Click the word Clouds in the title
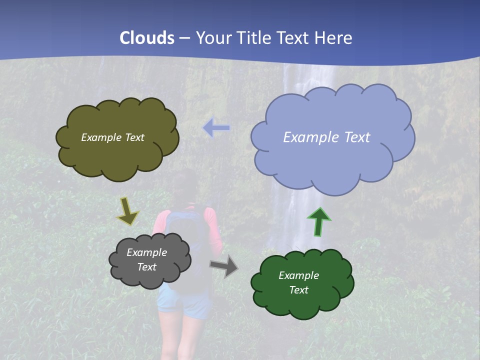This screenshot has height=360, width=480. pyautogui.click(x=147, y=38)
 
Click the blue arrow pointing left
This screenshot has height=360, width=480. pyautogui.click(x=216, y=128)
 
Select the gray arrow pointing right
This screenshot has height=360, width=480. pyautogui.click(x=224, y=265)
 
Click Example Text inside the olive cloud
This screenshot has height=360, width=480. pyautogui.click(x=112, y=137)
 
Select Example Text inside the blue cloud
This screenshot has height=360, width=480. pyautogui.click(x=326, y=137)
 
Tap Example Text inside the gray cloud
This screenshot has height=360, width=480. pyautogui.click(x=146, y=260)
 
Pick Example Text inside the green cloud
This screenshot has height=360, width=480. pyautogui.click(x=298, y=282)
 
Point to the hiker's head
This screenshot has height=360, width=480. pyautogui.click(x=185, y=185)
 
